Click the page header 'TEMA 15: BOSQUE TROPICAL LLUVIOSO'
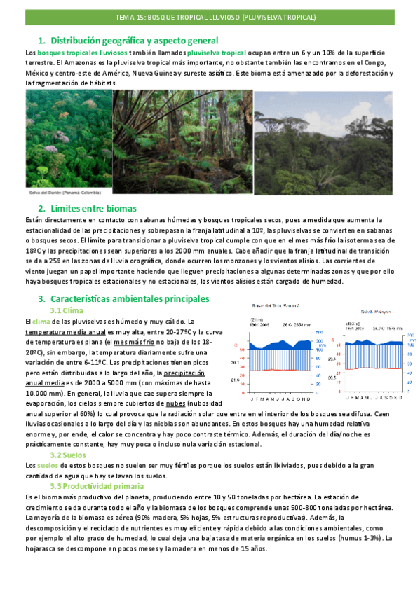[210, 16]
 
